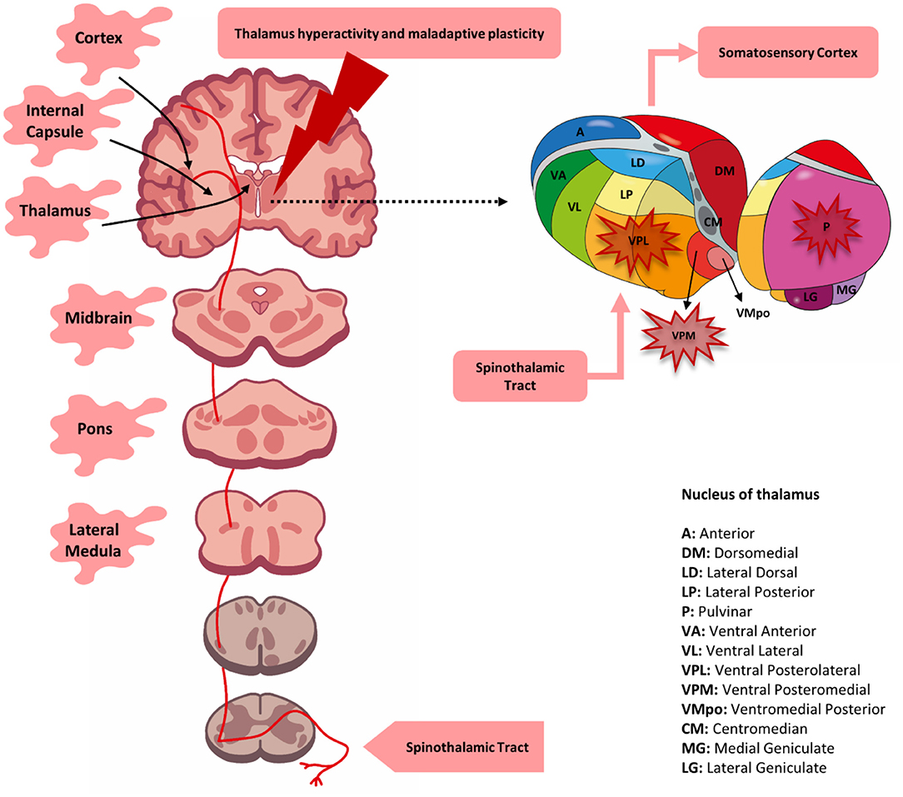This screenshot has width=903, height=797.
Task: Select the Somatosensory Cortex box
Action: tap(788, 52)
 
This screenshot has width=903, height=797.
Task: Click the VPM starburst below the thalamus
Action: tap(682, 335)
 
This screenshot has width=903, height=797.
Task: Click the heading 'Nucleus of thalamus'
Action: tap(750, 494)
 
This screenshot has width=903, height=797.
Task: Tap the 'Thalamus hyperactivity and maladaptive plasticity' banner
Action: tap(389, 35)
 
